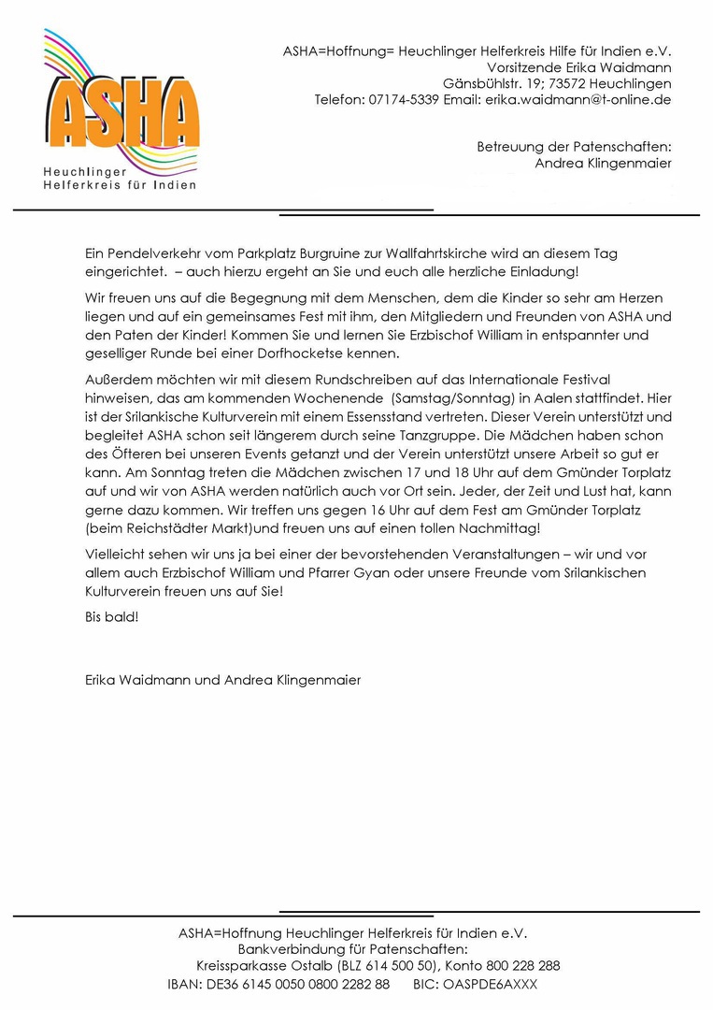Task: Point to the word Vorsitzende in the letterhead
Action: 523,67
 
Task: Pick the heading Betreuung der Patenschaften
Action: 574,147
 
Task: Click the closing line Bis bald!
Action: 111,617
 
